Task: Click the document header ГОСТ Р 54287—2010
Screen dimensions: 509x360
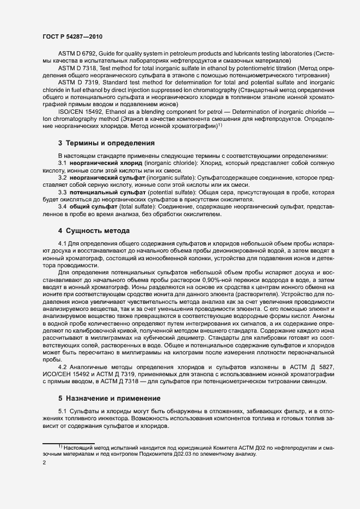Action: pos(72,36)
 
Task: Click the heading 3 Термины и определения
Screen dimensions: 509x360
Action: pos(106,143)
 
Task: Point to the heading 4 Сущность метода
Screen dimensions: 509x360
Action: pos(94,230)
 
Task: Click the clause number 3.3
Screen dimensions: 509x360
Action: pos(63,192)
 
